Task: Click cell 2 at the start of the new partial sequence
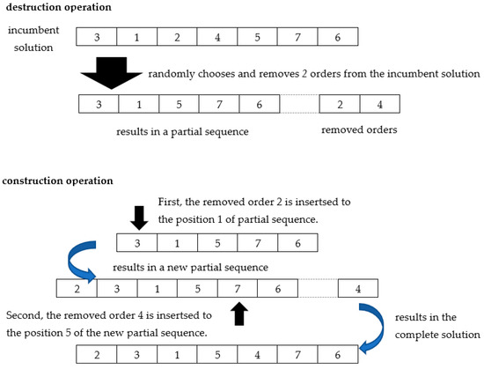(x=76, y=288)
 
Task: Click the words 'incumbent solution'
(x=32, y=37)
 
